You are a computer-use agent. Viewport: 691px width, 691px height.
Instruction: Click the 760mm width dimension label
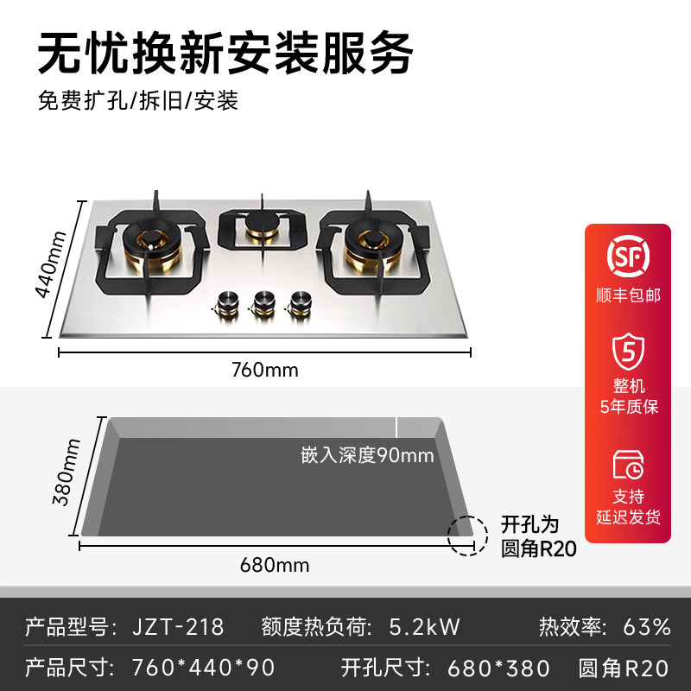pos(264,371)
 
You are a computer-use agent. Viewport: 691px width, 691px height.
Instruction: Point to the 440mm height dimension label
pos(48,263)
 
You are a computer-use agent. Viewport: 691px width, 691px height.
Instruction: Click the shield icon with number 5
pos(628,351)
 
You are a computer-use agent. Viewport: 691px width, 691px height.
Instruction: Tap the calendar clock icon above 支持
pos(628,464)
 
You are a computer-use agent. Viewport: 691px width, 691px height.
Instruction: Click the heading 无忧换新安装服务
pos(225,54)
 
